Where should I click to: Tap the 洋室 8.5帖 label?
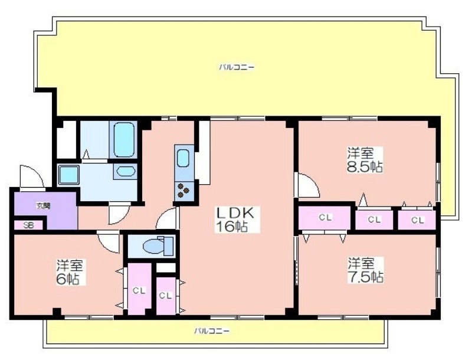coord(365,160)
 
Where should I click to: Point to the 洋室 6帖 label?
coord(70,272)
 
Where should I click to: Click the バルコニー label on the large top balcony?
coord(237,67)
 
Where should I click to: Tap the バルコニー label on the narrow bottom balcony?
coord(212,331)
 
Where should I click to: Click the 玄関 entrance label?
coord(44,206)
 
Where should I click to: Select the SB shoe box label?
coord(28,225)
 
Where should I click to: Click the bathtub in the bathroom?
coord(124,139)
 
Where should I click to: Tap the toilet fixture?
coord(158,244)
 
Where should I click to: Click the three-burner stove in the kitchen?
coord(184,191)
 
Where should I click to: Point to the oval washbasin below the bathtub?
coord(126,172)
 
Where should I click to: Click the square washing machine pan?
coord(69,175)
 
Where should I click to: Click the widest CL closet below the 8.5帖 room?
coord(325,217)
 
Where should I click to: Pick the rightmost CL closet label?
coord(417,220)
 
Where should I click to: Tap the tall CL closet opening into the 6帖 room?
coord(139,289)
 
